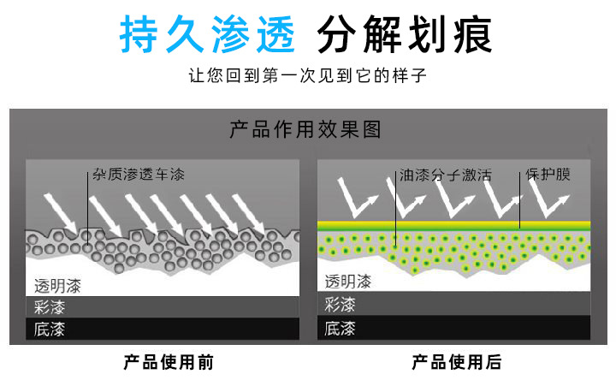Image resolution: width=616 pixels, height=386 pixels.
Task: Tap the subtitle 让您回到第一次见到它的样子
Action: pos(307,76)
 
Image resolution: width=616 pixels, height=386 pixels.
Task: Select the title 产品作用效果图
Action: pos(305,129)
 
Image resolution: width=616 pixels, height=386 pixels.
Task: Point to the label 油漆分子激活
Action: pos(445,175)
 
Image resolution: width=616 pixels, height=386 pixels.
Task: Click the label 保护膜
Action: pos(548,175)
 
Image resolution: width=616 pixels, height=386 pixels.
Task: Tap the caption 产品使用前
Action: pos(168,362)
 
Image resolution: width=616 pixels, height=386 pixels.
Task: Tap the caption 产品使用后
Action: pos(456,362)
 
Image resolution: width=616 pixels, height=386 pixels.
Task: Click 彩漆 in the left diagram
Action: pos(50,307)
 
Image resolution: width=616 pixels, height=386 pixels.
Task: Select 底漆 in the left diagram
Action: pos(50,329)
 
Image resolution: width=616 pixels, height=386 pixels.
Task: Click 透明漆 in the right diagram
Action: pos(347,282)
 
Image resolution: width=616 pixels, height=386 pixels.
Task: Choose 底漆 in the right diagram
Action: pos(341,327)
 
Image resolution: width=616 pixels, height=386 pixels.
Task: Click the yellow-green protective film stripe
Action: pos(453,225)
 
